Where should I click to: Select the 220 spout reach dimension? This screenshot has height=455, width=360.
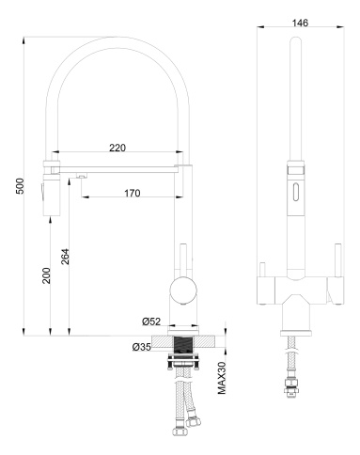[117, 148]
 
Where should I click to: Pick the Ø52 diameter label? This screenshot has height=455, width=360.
[152, 322]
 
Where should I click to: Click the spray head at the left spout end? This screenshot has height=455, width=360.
[49, 193]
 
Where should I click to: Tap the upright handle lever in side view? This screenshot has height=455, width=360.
[182, 255]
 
